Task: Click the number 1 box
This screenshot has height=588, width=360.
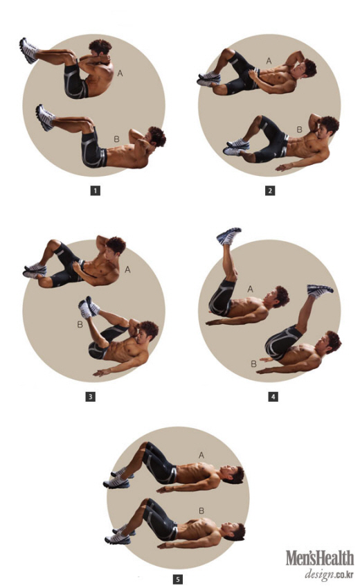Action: pos(96,190)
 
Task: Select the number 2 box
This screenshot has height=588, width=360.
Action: pos(270,190)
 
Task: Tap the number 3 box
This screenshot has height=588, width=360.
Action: pos(91,396)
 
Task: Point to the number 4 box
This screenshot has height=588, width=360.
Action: pos(273,396)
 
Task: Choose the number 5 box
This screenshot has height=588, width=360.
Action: pos(178,580)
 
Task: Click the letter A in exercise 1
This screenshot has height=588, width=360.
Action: pos(120,73)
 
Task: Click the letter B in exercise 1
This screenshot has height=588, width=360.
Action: pos(116,139)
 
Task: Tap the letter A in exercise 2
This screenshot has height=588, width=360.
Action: pos(269,61)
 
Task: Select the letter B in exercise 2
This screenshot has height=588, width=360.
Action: pos(299,130)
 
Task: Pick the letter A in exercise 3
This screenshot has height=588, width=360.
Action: pos(127,269)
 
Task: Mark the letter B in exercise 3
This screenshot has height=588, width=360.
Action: pos(80,324)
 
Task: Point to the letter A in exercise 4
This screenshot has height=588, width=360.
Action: pos(250,289)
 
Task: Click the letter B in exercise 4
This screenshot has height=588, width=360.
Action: pos(253,364)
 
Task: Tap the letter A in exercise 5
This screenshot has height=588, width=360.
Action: pos(201,455)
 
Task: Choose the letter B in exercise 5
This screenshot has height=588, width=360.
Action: pos(201,510)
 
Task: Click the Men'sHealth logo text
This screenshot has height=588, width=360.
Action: pos(320,558)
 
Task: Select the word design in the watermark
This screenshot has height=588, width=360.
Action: pos(319,574)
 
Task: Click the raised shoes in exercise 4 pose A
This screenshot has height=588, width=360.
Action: pos(228,235)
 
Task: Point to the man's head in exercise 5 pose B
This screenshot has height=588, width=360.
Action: pos(235,532)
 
